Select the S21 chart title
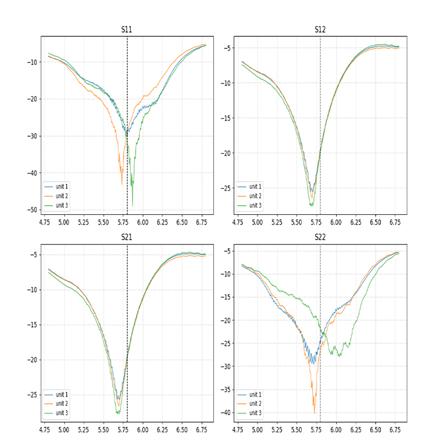click(127, 237)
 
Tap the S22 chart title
click(320, 237)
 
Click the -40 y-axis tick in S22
click(224, 413)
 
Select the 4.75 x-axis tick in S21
click(45, 430)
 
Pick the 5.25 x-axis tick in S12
click(277, 222)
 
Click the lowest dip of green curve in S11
click(133, 206)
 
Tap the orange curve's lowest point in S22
click(314, 413)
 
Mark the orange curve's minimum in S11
click(122, 183)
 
